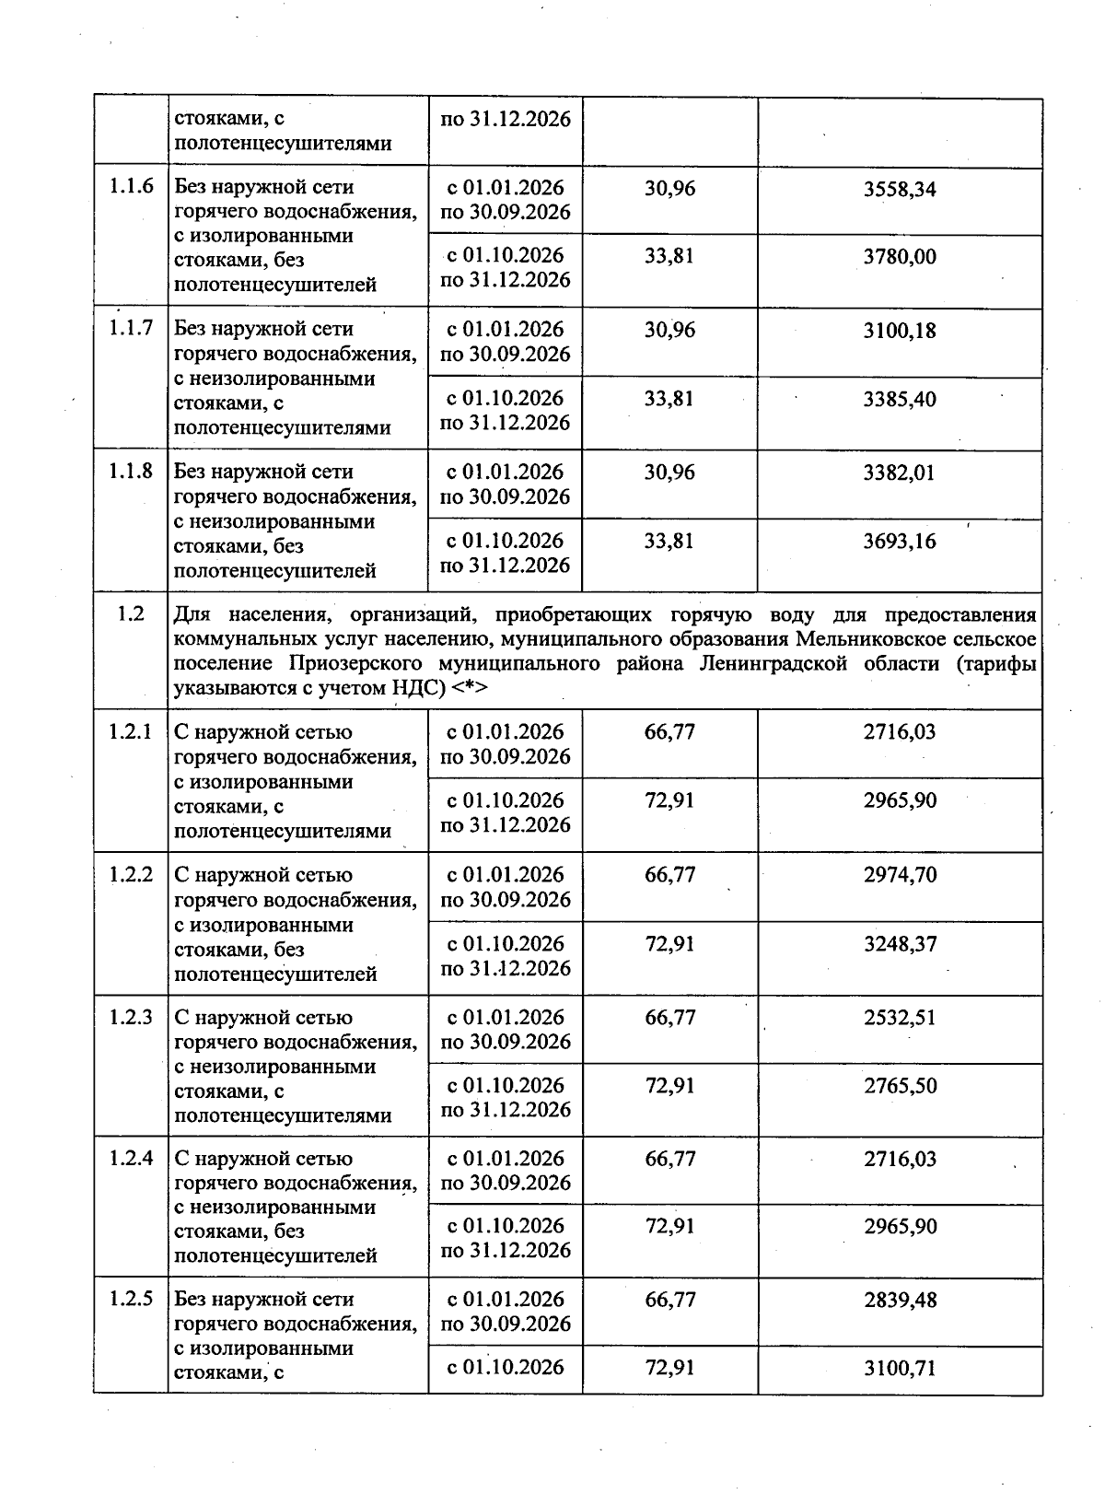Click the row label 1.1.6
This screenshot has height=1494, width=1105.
(x=131, y=187)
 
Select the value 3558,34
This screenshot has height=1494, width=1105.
(x=900, y=189)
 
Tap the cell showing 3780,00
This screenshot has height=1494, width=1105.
(x=900, y=257)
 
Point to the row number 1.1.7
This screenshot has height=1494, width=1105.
(x=131, y=328)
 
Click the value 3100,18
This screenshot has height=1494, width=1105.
(x=900, y=331)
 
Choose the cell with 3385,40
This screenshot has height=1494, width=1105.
(x=900, y=400)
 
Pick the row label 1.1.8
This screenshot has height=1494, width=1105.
(x=131, y=471)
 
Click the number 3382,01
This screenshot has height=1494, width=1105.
(x=900, y=473)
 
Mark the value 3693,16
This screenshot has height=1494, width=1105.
(x=900, y=542)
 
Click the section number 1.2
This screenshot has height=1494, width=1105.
(x=131, y=614)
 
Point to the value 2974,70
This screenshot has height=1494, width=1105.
(x=900, y=875)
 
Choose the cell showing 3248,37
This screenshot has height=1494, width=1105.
(x=900, y=944)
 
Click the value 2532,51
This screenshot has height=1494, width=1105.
(x=900, y=1018)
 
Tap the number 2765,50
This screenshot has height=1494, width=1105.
(x=900, y=1086)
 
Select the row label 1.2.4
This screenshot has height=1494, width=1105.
(x=131, y=1159)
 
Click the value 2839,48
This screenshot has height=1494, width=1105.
(x=900, y=1301)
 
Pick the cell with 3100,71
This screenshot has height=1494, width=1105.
(x=900, y=1369)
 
